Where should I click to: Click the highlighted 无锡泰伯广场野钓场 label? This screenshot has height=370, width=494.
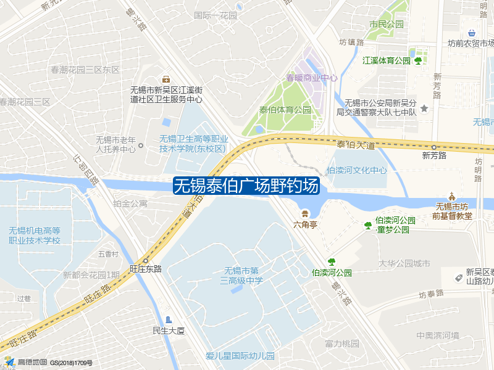point(246,186)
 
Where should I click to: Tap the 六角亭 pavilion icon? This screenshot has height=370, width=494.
point(305,213)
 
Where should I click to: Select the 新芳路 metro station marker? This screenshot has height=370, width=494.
point(434,147)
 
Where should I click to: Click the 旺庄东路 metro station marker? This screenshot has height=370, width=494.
point(146,260)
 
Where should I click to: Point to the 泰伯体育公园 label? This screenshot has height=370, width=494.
point(285,110)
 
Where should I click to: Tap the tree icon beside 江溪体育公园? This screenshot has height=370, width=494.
point(418,60)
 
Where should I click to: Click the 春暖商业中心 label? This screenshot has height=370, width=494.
point(311,78)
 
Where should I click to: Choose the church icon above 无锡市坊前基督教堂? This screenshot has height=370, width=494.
point(451,195)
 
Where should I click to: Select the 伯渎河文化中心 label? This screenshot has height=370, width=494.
point(357,170)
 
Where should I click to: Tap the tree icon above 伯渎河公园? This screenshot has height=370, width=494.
point(332,261)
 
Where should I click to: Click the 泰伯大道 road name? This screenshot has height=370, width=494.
point(356,145)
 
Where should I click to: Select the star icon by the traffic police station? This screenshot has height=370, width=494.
point(424,109)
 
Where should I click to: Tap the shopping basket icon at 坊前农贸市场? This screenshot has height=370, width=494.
point(472,33)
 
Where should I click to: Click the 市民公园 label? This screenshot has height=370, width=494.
point(386,25)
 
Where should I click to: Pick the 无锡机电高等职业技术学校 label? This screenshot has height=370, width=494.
point(35,235)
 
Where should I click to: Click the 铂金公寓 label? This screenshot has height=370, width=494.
point(130,203)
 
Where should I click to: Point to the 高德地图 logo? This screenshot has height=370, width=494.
point(25,362)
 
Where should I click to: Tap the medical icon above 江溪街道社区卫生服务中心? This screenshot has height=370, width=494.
point(165,78)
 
